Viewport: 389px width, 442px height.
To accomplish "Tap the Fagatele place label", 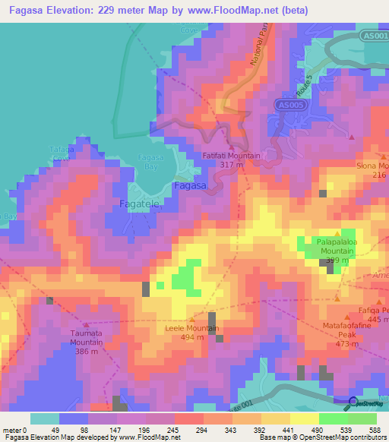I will point(140,204).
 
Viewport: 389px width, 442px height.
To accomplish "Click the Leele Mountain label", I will point(192,329).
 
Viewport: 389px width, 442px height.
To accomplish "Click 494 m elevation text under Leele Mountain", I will point(192,338).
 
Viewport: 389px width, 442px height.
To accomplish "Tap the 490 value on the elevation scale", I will point(305,429).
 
